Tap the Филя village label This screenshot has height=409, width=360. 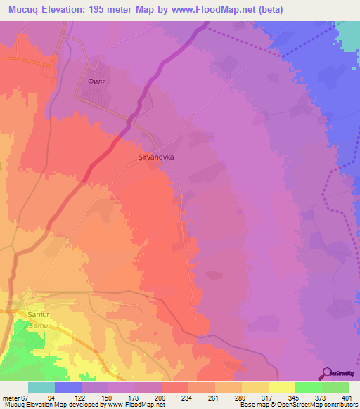[96, 80]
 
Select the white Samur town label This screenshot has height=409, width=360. [36, 315]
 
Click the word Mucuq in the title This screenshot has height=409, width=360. [26, 9]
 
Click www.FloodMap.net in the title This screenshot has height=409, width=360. [231, 9]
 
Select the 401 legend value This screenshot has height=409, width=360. [336, 396]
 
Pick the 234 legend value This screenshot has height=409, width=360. [175, 396]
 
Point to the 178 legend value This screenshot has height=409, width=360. [122, 396]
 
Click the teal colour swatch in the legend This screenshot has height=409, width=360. [41, 387]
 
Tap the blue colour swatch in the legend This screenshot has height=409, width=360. [68, 387]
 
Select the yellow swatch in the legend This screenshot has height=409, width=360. [282, 387]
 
